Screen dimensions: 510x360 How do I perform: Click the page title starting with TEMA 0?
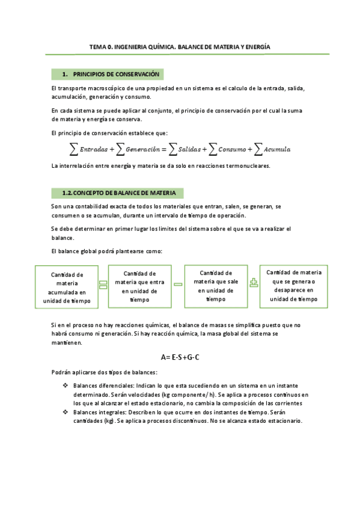180,46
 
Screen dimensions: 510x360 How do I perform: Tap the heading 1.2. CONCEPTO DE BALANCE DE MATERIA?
119,193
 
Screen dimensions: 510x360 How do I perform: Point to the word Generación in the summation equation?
142,149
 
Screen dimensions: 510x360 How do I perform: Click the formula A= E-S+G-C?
180,357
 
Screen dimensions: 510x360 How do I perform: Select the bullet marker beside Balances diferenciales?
65,385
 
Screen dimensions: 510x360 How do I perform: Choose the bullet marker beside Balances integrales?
65,413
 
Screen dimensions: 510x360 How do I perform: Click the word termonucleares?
246,165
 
